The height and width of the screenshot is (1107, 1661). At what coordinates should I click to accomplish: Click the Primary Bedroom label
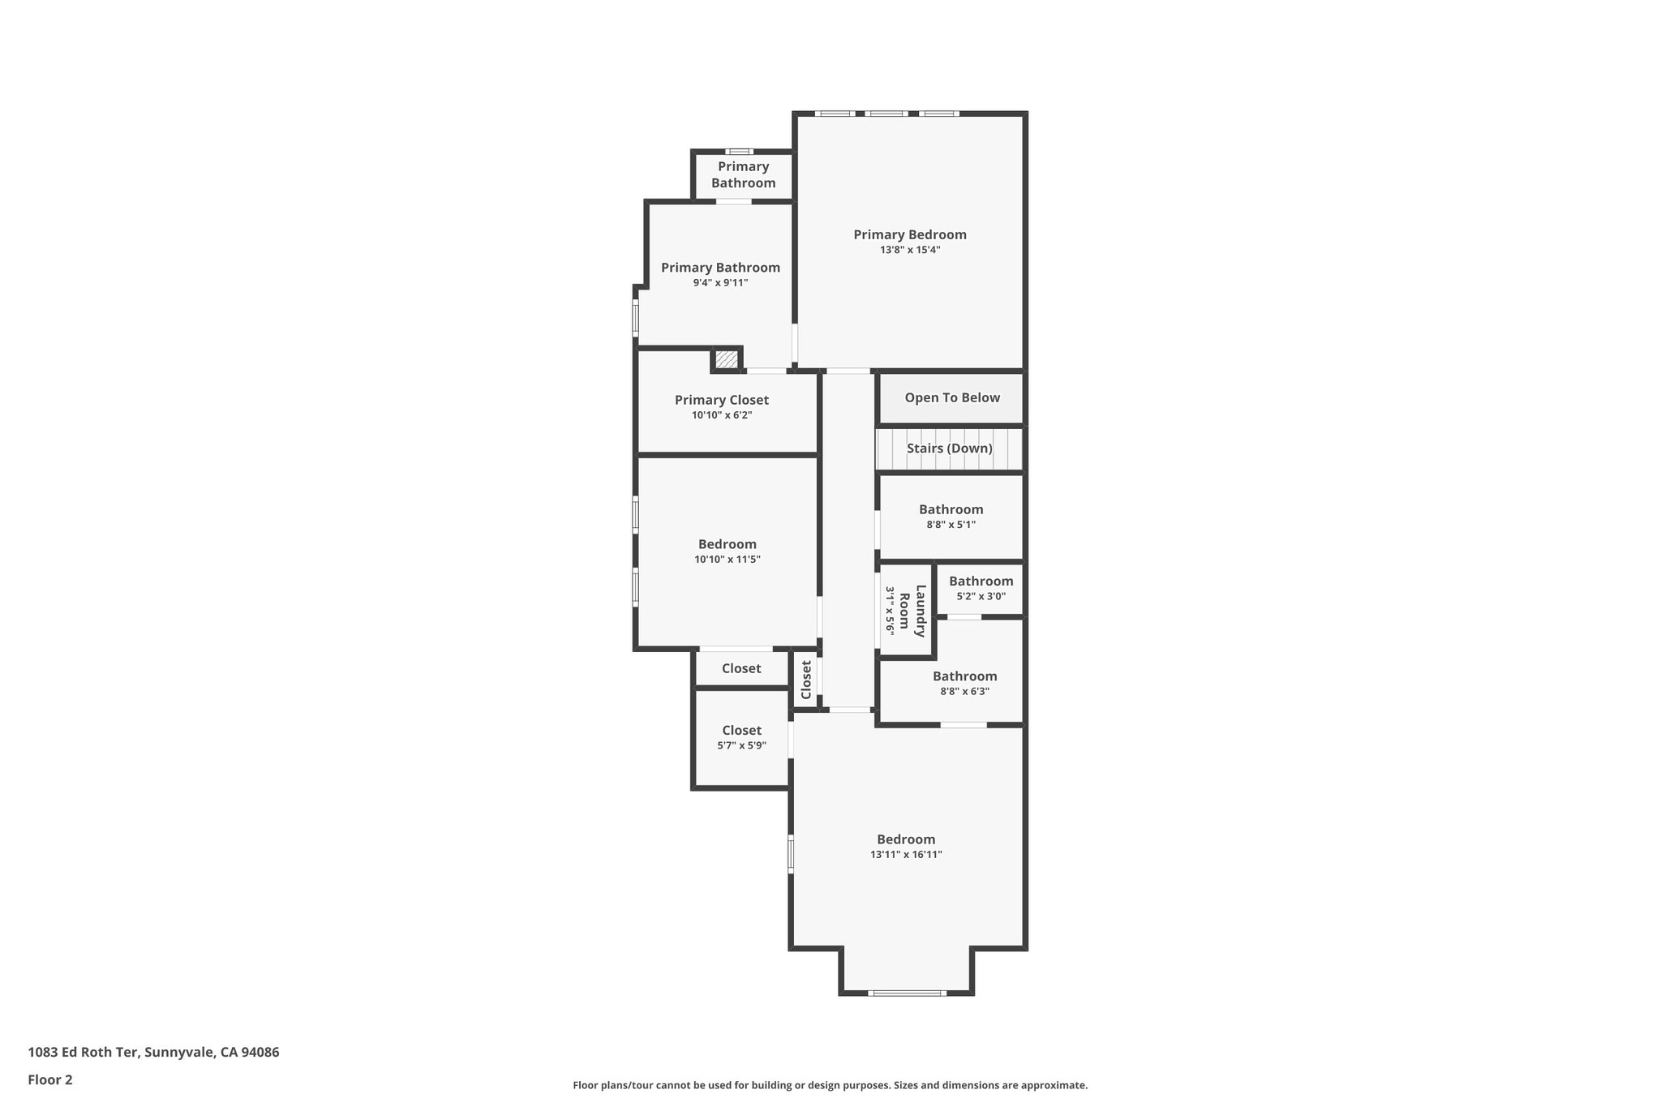tap(910, 235)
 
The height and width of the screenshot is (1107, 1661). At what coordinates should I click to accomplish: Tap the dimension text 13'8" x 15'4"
tap(910, 251)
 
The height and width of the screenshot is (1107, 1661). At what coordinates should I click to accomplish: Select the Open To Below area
tap(952, 398)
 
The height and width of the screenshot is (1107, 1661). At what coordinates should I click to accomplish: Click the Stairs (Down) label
tap(949, 448)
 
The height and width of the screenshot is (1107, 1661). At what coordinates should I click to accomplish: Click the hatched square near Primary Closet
tap(727, 358)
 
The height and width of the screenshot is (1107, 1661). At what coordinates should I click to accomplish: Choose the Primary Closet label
tap(722, 401)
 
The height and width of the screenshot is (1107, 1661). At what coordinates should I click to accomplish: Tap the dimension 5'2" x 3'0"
tap(981, 597)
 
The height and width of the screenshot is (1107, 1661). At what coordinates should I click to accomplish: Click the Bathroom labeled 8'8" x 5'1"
tap(951, 510)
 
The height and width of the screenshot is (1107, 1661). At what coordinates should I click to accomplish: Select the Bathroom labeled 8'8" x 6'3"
tap(964, 677)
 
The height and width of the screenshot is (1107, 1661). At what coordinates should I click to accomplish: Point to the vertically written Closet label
tap(806, 680)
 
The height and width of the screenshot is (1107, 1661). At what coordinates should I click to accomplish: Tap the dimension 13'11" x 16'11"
tap(906, 855)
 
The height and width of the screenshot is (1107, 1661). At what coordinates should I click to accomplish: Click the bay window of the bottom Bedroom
tap(907, 993)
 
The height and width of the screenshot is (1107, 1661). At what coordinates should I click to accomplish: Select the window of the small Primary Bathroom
tap(739, 152)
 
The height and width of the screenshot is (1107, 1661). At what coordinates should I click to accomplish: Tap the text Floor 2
tap(50, 1080)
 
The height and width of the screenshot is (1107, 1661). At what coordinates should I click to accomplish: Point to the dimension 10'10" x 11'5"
tap(727, 560)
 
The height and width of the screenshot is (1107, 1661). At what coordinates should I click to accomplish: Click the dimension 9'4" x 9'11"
tap(720, 283)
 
